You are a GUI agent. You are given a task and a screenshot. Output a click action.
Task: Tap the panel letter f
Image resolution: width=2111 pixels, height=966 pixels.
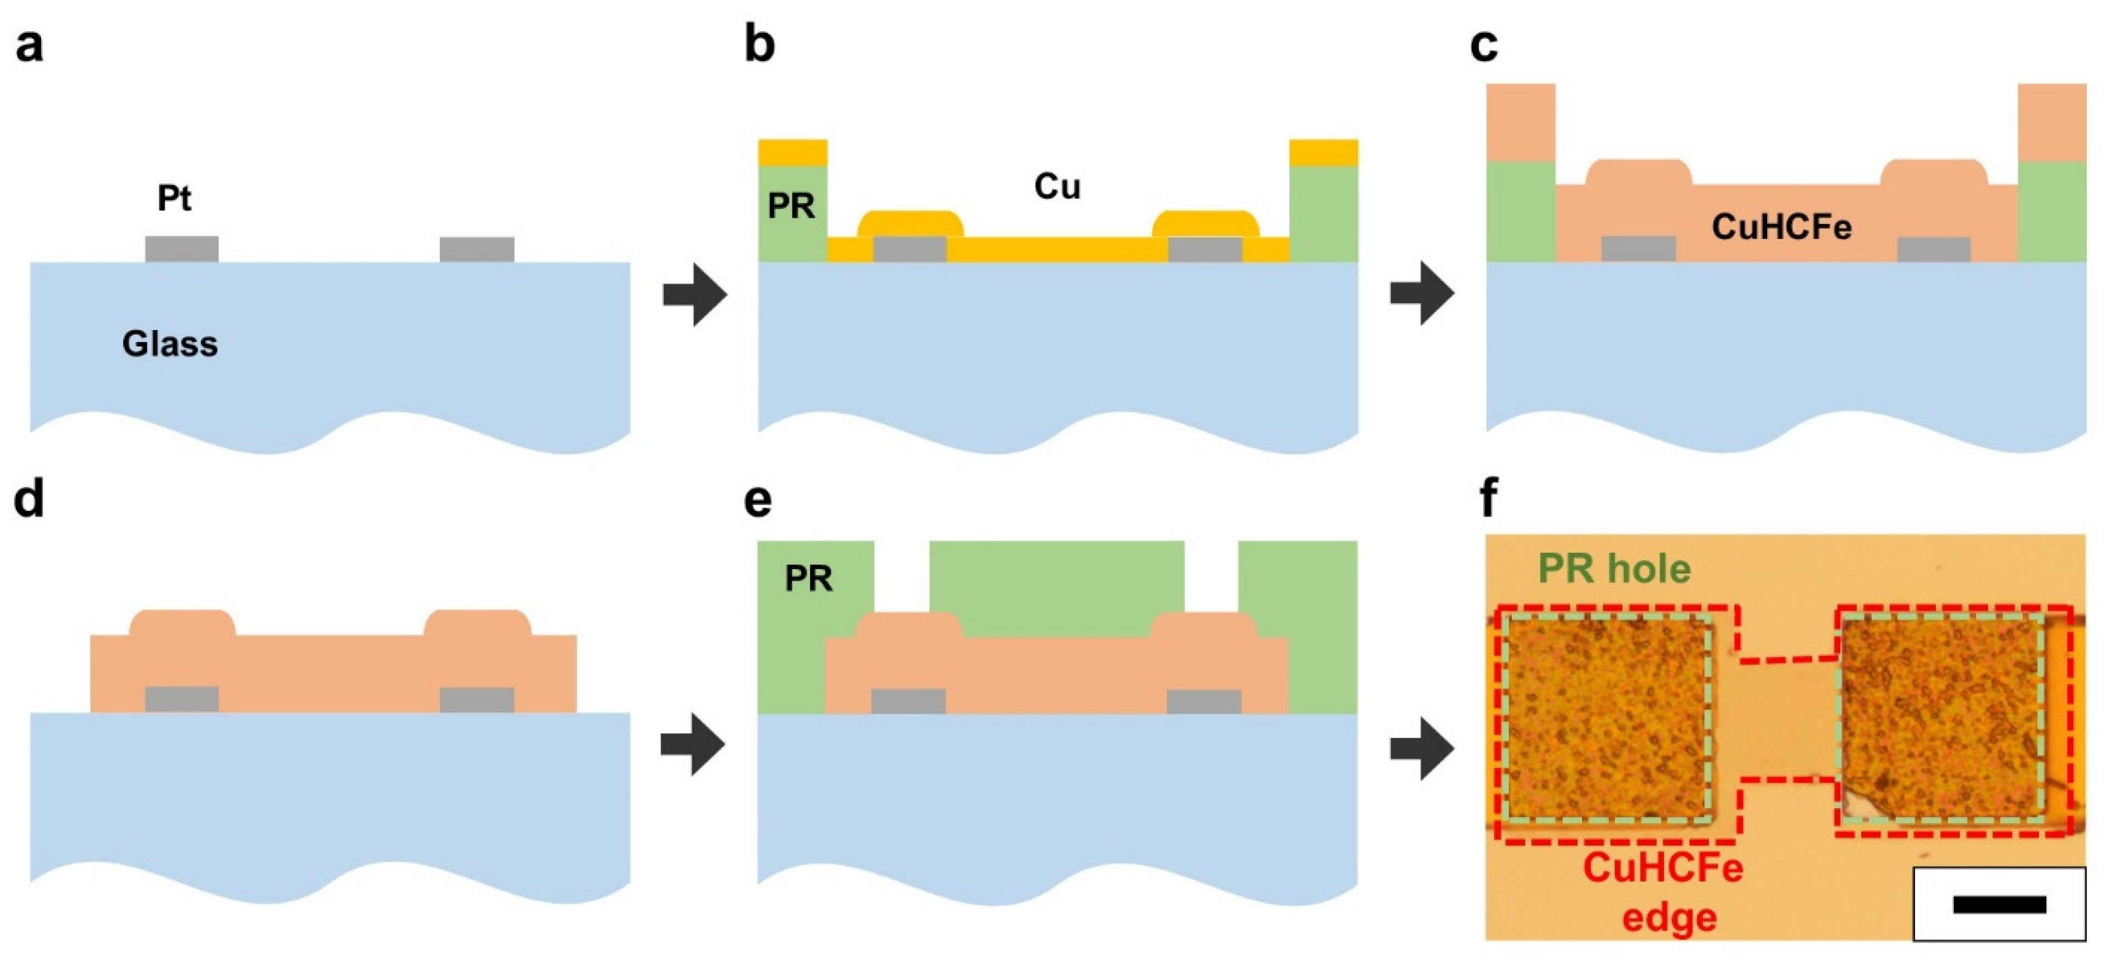[x=1489, y=498]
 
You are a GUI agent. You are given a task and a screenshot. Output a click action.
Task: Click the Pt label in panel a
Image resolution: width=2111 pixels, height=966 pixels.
[x=174, y=198]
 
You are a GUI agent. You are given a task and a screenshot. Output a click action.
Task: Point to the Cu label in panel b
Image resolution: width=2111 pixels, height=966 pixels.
[x=1057, y=187]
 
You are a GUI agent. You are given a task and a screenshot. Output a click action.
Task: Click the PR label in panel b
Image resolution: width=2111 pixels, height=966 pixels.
[x=791, y=206]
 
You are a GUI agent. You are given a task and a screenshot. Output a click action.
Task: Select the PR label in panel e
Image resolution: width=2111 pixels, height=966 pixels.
[x=808, y=579]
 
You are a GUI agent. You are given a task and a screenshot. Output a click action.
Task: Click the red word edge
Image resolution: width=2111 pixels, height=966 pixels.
[x=1669, y=917]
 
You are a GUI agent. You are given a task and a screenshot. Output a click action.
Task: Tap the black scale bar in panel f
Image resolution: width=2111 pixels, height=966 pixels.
[x=1999, y=905]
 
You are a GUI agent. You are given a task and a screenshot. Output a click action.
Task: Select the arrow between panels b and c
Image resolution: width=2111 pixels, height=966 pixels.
[x=1422, y=293]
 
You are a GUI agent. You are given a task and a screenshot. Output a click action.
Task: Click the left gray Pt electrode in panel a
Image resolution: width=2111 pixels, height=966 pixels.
[x=182, y=249]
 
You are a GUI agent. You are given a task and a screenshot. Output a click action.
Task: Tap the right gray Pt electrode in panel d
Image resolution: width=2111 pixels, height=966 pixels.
[x=477, y=699]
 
